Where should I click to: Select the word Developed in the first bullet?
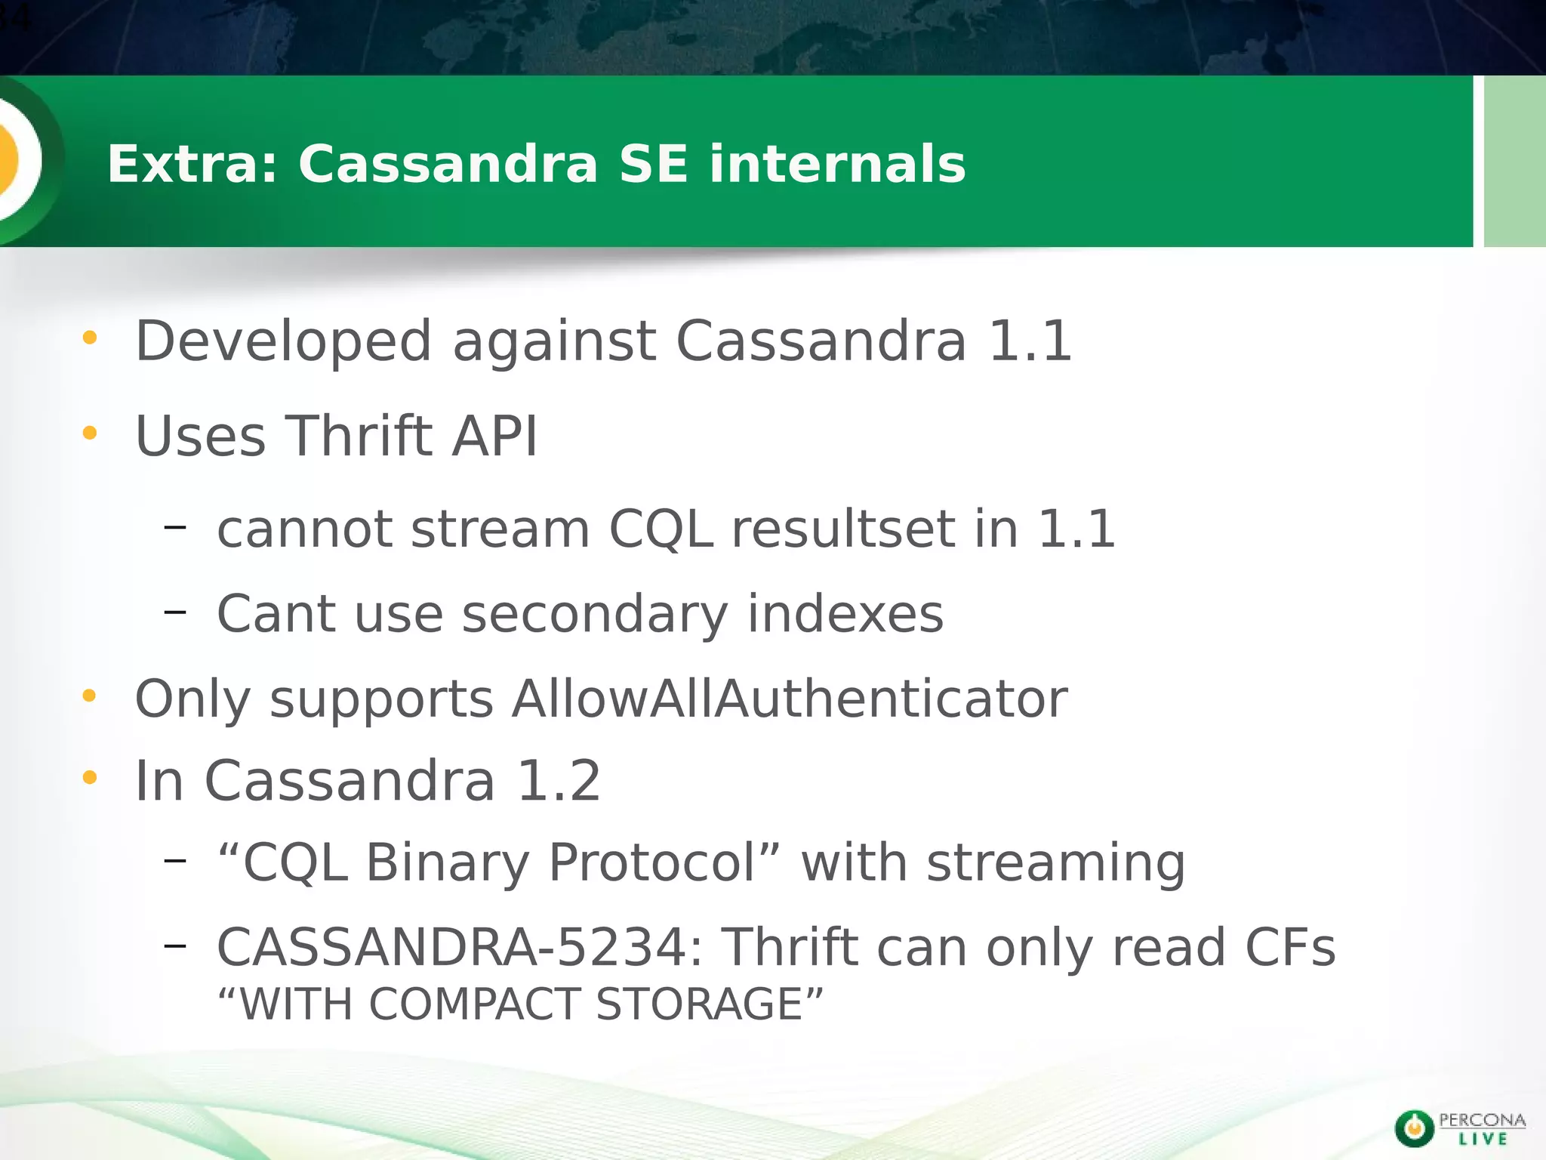[x=283, y=341]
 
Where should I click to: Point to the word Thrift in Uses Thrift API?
[x=359, y=436]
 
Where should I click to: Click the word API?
[x=495, y=436]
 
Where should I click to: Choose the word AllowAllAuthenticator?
[x=790, y=699]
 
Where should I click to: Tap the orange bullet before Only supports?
[x=90, y=696]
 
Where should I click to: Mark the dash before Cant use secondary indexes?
[x=174, y=611]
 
